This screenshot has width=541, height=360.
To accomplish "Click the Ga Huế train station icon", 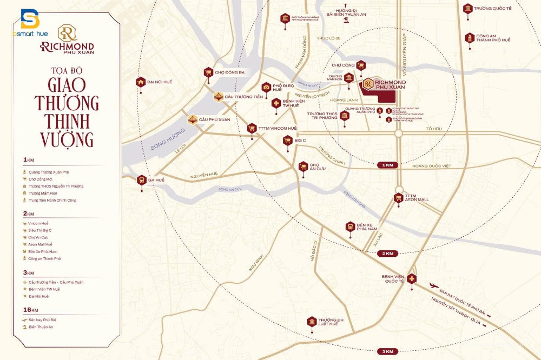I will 141,179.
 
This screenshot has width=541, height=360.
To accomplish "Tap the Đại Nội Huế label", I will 159,82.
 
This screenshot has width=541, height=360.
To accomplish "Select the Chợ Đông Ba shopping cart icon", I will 208,72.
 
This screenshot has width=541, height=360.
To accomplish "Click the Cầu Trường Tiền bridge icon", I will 218,97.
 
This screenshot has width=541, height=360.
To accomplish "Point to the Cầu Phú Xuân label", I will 214,119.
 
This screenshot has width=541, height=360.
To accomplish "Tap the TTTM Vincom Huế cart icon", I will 252,128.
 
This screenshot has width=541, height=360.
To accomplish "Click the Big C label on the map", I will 301,140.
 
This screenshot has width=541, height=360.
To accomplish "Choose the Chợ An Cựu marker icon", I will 304,166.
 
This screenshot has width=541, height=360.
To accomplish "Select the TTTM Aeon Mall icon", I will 399,197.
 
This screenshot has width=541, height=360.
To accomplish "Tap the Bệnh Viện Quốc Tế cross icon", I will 412,279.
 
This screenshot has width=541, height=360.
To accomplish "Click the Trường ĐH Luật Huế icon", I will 312,322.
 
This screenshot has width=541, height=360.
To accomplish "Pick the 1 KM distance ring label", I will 387,164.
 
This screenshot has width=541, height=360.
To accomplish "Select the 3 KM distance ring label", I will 387,351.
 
